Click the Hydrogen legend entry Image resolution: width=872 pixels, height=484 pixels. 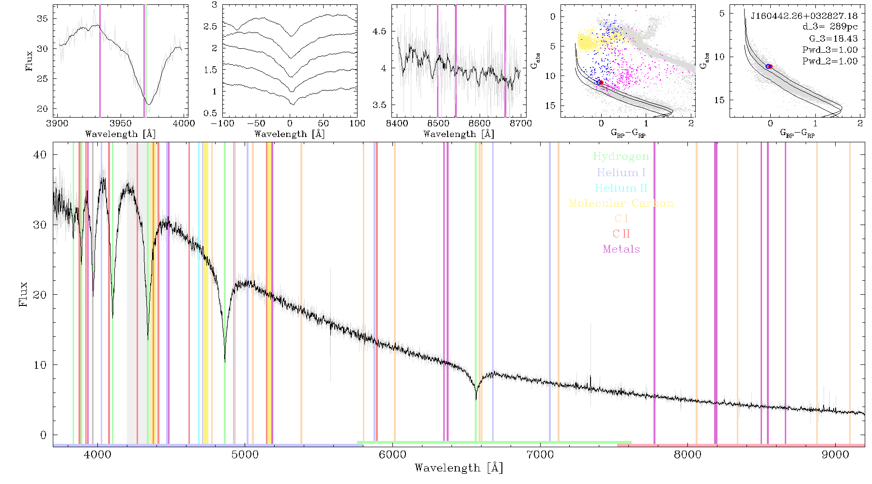(621, 157)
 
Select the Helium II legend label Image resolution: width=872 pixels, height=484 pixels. (621, 188)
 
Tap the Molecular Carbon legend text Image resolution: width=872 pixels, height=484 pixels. (621, 203)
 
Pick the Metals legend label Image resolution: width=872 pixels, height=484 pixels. (622, 249)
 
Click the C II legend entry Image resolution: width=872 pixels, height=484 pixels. (621, 234)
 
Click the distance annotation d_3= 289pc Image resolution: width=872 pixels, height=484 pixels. (829, 27)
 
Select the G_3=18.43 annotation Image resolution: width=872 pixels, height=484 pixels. (833, 39)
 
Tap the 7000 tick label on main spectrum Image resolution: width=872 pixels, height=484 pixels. (540, 455)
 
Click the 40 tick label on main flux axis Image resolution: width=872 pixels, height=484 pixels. (40, 155)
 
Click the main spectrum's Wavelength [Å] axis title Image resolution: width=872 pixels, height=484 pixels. (459, 468)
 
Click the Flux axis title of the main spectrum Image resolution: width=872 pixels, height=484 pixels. (23, 294)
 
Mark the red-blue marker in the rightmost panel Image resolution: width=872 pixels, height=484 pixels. (769, 66)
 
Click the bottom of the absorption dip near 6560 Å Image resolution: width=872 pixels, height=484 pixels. (476, 399)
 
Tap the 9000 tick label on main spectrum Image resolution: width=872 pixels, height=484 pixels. (835, 455)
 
